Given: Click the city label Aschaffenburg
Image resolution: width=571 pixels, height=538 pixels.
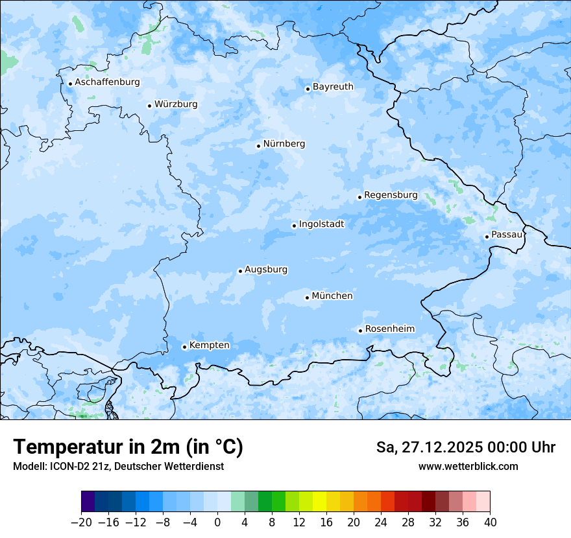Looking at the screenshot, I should click(x=107, y=82).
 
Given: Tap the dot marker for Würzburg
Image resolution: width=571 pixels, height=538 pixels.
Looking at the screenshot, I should click(x=149, y=106).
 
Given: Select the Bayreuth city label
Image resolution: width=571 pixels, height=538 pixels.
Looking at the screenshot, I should click(x=333, y=87).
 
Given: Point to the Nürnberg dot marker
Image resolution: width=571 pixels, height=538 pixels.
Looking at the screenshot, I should click(x=258, y=146).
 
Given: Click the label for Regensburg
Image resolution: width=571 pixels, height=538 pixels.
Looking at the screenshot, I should click(x=391, y=195).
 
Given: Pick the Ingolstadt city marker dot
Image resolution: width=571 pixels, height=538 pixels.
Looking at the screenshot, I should click(x=294, y=226).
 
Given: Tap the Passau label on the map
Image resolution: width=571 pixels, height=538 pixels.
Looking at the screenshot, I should click(x=506, y=235).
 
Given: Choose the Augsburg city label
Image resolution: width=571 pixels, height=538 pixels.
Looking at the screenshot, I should click(x=266, y=270).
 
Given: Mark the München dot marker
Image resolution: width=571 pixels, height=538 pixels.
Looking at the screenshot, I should click(x=307, y=298).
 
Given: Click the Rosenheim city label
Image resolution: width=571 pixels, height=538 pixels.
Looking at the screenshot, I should click(x=389, y=329).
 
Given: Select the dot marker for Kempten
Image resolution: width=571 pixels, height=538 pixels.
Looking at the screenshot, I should click(x=184, y=347).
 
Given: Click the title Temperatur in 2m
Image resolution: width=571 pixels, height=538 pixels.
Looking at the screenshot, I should click(x=128, y=447).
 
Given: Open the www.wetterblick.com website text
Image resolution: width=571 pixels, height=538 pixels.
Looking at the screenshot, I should click(x=468, y=467).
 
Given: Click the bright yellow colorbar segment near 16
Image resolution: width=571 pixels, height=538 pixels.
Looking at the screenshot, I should click(x=319, y=502).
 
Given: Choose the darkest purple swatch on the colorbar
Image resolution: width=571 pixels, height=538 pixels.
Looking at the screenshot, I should click(x=88, y=502).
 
